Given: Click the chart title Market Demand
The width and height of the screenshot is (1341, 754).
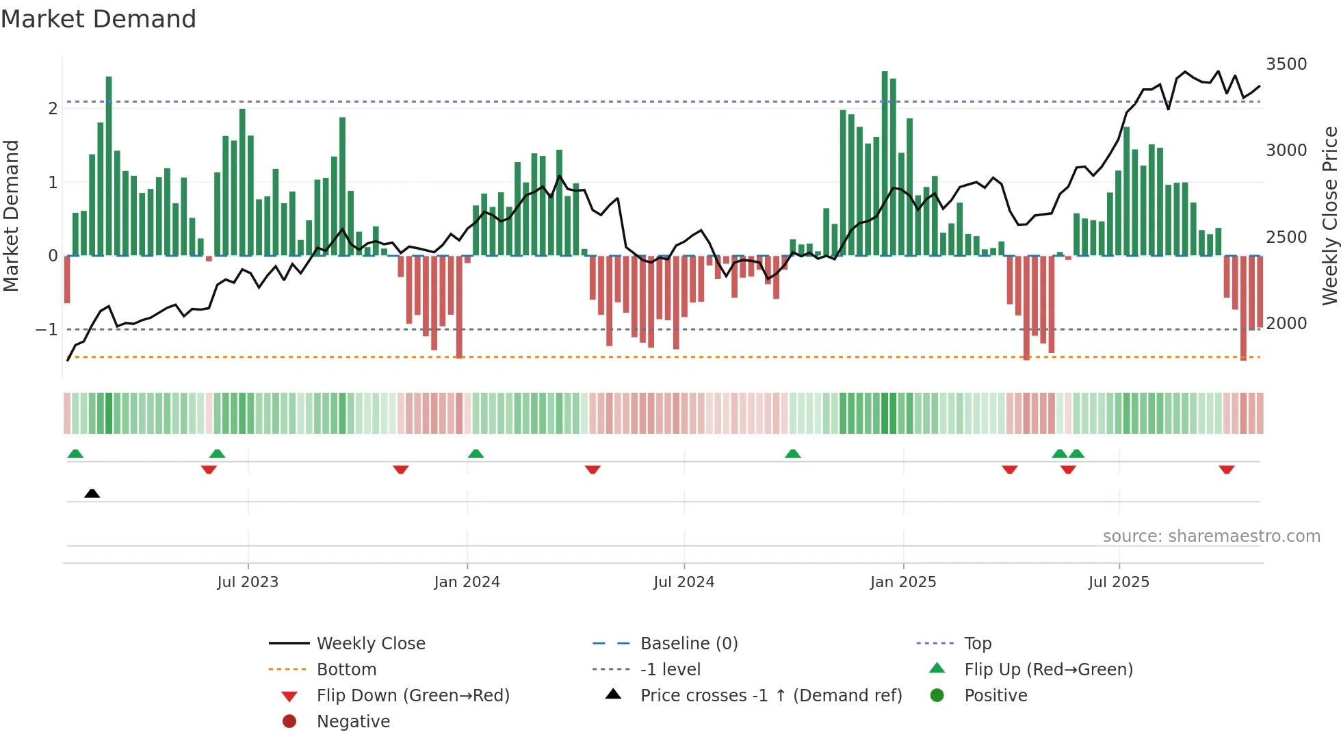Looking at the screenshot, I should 99,19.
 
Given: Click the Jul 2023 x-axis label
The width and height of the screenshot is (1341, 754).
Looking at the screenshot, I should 248,582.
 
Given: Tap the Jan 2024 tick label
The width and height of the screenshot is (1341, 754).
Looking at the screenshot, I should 467,582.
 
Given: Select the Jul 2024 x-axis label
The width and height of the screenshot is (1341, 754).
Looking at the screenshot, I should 683,582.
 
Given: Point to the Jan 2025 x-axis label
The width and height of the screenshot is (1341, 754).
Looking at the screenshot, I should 902,582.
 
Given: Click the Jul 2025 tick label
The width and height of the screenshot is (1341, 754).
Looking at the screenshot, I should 1119,582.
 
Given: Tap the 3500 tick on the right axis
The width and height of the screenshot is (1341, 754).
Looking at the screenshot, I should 1286,64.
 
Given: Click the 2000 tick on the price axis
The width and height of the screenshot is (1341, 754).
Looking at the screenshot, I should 1286,324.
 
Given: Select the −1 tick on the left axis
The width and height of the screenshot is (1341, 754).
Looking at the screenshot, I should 47,330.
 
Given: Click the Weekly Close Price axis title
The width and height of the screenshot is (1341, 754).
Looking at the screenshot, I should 1329,216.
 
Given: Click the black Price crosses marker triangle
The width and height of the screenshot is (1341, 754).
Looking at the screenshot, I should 92,493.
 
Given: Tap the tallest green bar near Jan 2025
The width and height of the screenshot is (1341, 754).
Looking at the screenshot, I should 885,164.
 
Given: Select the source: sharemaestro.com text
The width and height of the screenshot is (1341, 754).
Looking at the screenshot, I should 1211,536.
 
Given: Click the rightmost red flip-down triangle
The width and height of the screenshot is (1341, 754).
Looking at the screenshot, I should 1226,470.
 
